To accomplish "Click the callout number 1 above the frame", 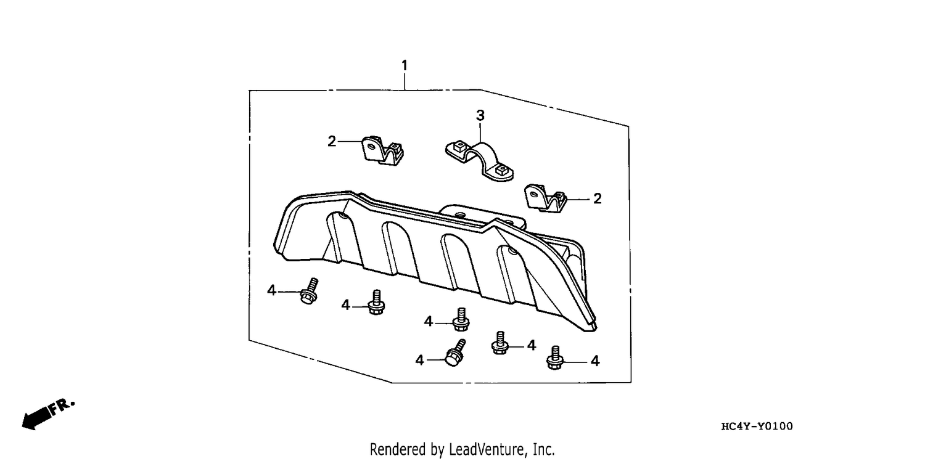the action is tap(405, 65).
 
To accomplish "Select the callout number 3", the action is tap(480, 116).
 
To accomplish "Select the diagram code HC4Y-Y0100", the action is tap(757, 426).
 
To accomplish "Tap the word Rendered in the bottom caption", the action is tap(398, 449).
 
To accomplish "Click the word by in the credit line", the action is tap(437, 449).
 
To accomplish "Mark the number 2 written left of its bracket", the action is tap(332, 142).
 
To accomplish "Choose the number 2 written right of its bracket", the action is tap(597, 199).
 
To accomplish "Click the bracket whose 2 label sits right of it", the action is tap(545, 198).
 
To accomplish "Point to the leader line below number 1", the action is tap(405, 81).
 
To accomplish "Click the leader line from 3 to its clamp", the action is tap(480, 133).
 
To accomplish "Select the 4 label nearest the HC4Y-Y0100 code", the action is tap(594, 361).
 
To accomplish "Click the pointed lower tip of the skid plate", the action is tap(594, 328).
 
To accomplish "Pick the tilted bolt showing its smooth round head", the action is tap(455, 353).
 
